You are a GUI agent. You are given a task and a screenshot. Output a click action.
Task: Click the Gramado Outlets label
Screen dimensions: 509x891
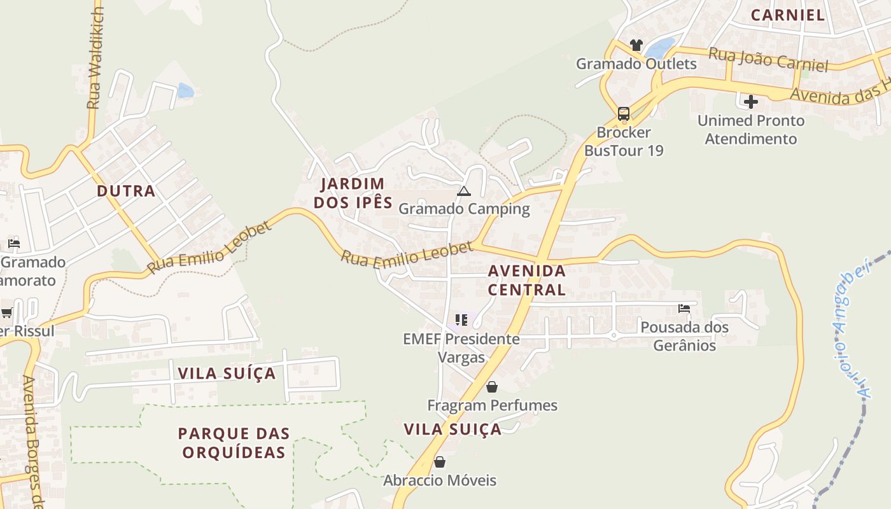pos(636,64)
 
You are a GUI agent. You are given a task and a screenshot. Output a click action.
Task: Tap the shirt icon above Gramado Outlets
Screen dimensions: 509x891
pos(636,45)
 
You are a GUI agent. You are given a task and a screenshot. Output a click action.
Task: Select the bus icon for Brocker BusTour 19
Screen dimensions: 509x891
pos(624,114)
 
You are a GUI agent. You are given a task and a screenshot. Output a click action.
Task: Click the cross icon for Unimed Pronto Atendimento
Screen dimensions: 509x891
pos(751,101)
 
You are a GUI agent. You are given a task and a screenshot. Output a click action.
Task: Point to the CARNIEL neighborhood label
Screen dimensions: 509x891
pos(788,15)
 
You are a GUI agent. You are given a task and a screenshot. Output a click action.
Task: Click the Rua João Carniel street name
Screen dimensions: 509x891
pos(768,60)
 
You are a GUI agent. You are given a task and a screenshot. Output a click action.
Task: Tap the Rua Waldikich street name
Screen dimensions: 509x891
pos(95,58)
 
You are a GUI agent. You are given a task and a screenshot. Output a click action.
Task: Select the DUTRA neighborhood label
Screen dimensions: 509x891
pos(126,191)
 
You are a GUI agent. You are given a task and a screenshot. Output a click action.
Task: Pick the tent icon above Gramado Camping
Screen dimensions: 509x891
pos(464,191)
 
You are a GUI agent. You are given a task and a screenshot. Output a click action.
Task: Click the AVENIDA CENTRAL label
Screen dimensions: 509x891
pos(526,280)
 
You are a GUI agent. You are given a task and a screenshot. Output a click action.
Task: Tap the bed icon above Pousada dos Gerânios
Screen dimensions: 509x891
pos(684,309)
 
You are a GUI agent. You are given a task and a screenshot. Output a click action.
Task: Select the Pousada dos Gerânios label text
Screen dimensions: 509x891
pos(684,336)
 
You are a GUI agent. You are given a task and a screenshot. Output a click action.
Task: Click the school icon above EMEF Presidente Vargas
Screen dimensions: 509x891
pos(461,319)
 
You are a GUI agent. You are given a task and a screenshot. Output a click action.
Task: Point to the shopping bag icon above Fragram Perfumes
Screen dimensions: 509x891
pos(492,386)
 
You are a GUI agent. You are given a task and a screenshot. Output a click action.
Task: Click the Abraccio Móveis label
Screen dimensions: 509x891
pos(439,480)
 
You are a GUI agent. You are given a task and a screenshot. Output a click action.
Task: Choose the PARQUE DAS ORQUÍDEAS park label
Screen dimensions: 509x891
pos(234,443)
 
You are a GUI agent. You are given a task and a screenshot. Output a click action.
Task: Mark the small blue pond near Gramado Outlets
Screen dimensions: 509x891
pos(660,46)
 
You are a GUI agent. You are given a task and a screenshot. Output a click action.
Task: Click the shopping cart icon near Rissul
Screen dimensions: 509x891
pos(7,312)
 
